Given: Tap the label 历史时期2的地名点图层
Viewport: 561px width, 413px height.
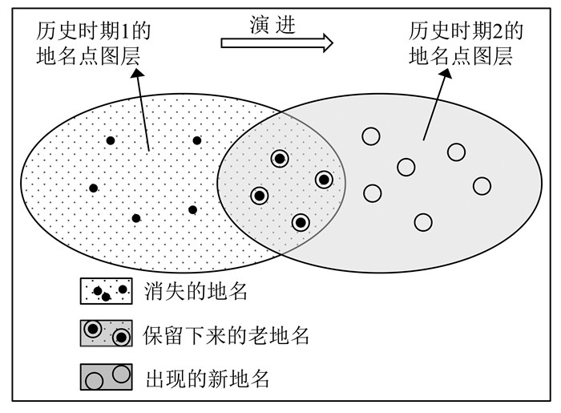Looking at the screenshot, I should (x=466, y=44).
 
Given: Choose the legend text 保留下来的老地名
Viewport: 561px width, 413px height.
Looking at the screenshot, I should (x=226, y=335).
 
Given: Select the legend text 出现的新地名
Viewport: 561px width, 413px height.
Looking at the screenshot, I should (x=207, y=377).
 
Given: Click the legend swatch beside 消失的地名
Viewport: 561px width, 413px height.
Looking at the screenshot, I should (x=106, y=290).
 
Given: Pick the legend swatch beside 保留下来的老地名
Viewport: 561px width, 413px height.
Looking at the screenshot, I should (x=106, y=334).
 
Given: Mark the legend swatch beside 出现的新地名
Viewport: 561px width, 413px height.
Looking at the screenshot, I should (x=106, y=377).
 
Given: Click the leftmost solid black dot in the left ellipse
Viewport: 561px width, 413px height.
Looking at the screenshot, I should (x=94, y=188).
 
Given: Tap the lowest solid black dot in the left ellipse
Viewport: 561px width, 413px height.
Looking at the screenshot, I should (x=136, y=217).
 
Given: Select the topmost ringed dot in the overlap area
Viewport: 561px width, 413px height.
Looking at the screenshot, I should (x=279, y=159).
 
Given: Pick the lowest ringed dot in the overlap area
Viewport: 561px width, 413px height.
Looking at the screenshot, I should (x=300, y=222).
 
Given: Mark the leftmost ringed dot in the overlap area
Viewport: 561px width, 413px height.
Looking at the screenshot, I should (x=259, y=195).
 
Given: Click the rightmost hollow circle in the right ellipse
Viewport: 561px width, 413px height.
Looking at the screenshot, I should (x=482, y=186).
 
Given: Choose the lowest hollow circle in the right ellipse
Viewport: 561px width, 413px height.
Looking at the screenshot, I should (x=422, y=221).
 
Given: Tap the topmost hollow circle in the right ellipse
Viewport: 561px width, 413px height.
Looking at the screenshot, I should (x=370, y=136).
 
